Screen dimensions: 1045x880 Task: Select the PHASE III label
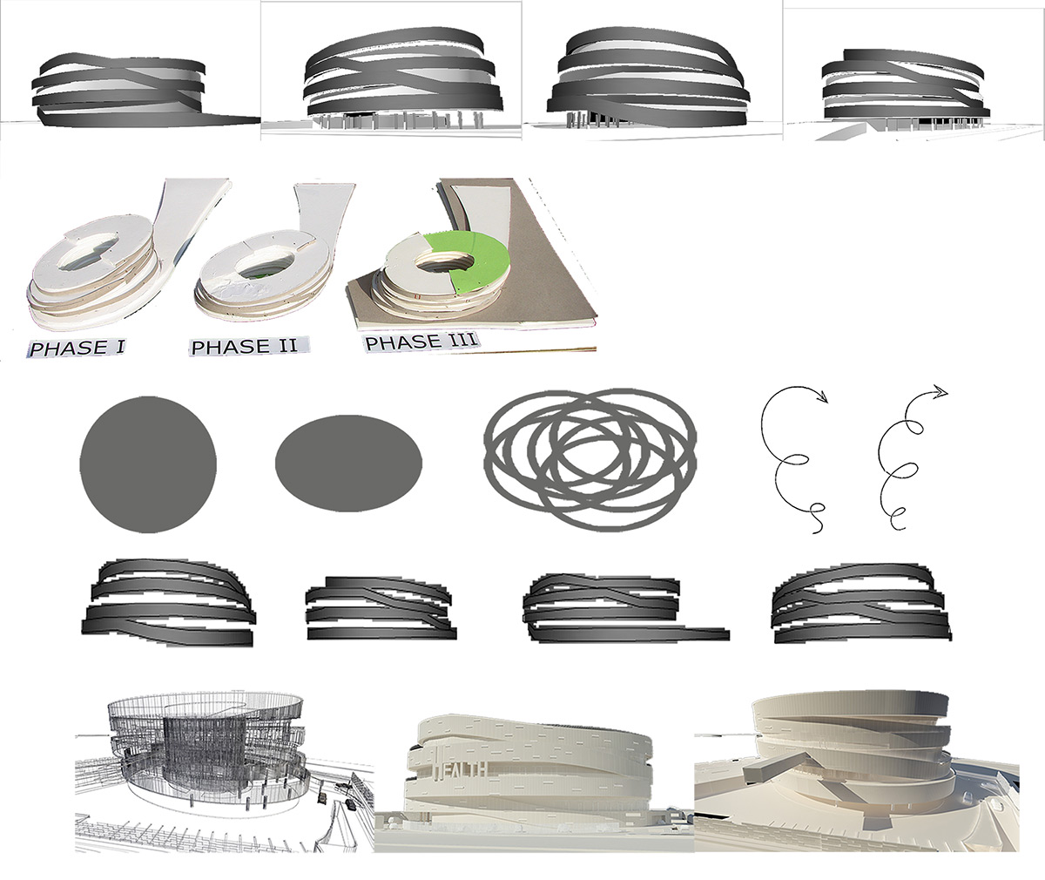pyautogui.click(x=421, y=342)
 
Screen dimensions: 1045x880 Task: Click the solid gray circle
pyautogui.click(x=148, y=464)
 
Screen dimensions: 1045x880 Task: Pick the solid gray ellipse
pyautogui.click(x=349, y=464)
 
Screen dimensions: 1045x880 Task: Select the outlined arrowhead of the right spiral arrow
pyautogui.click(x=940, y=391)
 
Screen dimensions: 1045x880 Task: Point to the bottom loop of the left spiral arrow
pyautogui.click(x=817, y=511)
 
